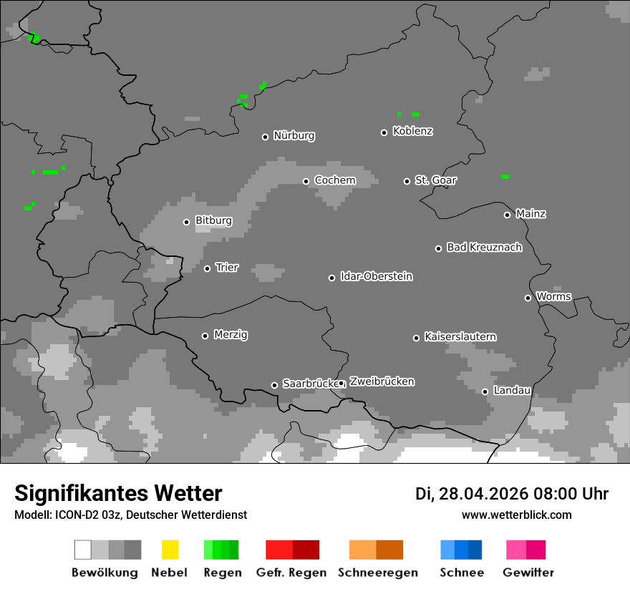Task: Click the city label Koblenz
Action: (x=413, y=131)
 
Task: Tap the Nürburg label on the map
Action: (x=294, y=135)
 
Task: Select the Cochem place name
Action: (x=335, y=180)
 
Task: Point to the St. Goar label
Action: (x=435, y=180)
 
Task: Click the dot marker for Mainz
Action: (x=507, y=215)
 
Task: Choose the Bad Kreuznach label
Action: (x=484, y=248)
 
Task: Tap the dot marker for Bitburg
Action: (x=186, y=222)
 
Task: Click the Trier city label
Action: (x=227, y=268)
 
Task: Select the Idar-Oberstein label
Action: (x=377, y=276)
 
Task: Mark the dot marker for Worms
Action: (x=528, y=298)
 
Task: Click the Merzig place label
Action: (x=231, y=335)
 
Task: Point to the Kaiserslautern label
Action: (x=460, y=336)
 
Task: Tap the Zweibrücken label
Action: (x=382, y=381)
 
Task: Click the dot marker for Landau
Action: (x=485, y=391)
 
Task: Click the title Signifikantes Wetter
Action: (x=118, y=493)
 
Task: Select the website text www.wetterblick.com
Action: (x=516, y=515)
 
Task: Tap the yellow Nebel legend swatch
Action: (x=170, y=550)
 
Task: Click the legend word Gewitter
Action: (x=528, y=573)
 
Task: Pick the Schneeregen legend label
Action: (x=377, y=573)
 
